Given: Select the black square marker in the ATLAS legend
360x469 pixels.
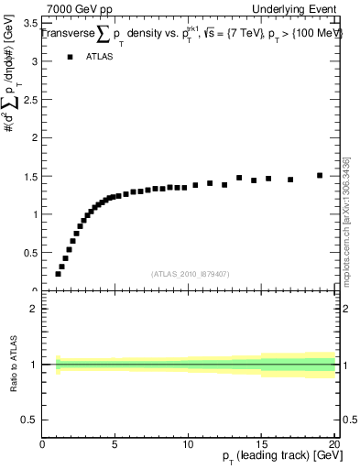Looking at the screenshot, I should (x=71, y=57).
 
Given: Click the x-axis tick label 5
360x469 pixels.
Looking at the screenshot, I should (x=115, y=444).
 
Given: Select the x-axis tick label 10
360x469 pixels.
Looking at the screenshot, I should (x=188, y=444).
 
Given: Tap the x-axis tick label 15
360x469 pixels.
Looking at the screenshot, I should (x=261, y=444).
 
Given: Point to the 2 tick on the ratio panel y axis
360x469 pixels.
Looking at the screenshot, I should (x=34, y=309).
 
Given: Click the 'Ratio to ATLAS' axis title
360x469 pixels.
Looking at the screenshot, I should (x=12, y=365).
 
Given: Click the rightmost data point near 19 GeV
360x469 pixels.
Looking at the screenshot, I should (x=320, y=175).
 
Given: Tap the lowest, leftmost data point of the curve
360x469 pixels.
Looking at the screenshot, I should (x=58, y=274).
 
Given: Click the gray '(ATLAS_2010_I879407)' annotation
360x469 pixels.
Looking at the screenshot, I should (x=190, y=273).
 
